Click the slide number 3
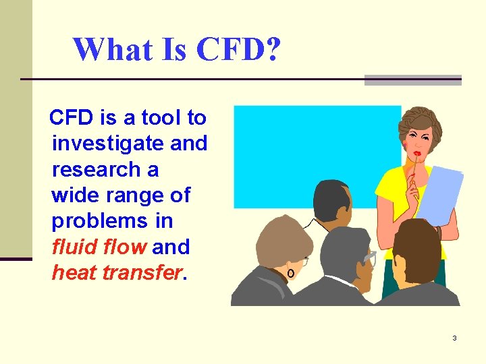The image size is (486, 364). [x=454, y=338]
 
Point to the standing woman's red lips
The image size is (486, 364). [x=418, y=154]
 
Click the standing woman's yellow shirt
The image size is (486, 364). [x=392, y=195]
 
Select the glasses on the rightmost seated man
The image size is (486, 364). [x=370, y=257]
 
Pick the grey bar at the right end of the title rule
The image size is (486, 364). [x=412, y=80]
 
